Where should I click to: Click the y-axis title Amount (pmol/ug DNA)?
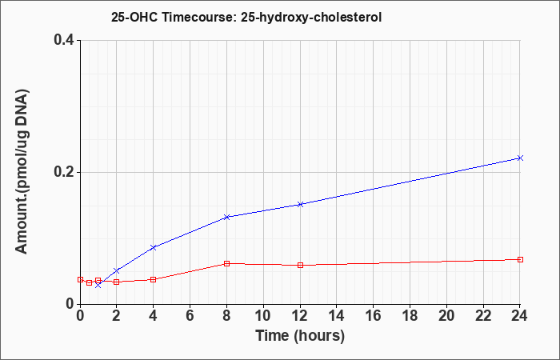pos(22,171)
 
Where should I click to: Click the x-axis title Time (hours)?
pos(300,336)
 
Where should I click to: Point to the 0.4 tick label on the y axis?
pos(64,40)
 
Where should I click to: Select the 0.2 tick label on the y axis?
pos(64,172)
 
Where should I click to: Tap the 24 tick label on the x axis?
pos(519,316)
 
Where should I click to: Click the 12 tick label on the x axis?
pos(300,316)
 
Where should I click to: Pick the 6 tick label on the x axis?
pos(190,316)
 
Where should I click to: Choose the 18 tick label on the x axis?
pos(410,316)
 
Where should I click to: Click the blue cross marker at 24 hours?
pos(520,158)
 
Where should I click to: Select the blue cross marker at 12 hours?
pos(300,204)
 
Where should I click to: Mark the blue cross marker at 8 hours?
pos(226,217)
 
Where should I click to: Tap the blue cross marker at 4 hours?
pos(154,247)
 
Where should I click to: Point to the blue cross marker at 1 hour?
pos(98,286)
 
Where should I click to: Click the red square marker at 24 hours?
pos(520,259)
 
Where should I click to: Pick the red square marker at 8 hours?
pos(226,263)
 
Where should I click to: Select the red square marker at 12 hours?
pos(300,265)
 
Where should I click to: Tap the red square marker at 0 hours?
pos(80,280)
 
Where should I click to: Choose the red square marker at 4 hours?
pos(154,279)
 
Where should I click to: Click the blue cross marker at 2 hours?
pos(117,270)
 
